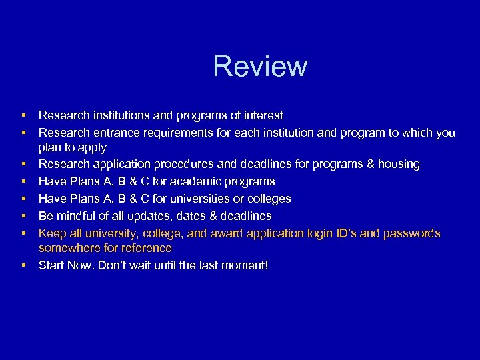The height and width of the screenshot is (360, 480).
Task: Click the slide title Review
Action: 260,67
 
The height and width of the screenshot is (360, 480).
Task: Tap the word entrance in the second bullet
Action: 115,133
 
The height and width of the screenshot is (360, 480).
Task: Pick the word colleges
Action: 268,199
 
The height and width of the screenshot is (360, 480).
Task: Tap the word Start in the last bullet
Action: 51,265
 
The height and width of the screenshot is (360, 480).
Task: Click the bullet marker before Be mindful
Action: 23,216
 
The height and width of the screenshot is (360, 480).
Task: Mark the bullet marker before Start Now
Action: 23,265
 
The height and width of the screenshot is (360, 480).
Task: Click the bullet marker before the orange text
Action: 23,233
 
